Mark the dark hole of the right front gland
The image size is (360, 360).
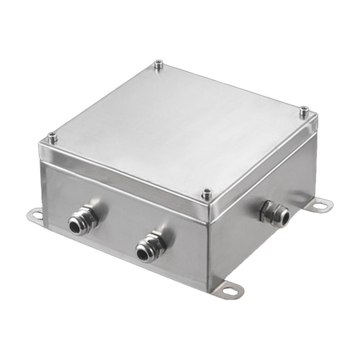pyautogui.click(x=144, y=255)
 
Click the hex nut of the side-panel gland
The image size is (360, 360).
pyautogui.click(x=266, y=210)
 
